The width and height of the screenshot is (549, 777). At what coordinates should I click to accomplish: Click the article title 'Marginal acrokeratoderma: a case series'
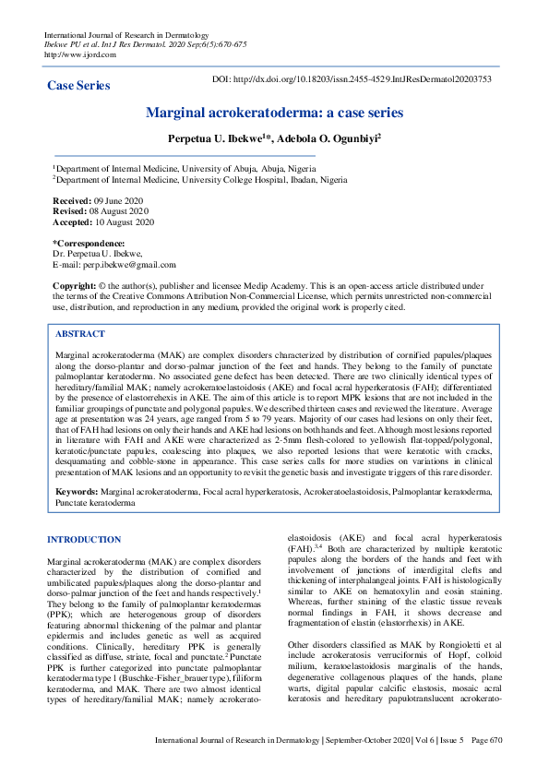point(274,113)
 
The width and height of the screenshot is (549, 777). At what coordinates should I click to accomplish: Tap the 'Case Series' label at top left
point(78,85)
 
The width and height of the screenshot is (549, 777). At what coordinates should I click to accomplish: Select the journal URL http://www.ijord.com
point(80,54)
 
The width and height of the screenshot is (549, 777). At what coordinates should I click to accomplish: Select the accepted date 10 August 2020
point(127,222)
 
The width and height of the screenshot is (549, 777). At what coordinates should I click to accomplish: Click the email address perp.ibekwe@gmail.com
point(128,264)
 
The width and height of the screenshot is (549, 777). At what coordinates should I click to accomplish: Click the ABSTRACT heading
point(80,333)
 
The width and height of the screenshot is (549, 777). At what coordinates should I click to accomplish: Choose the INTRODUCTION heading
point(90,539)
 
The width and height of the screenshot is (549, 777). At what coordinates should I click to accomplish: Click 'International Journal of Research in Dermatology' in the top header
point(125,34)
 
